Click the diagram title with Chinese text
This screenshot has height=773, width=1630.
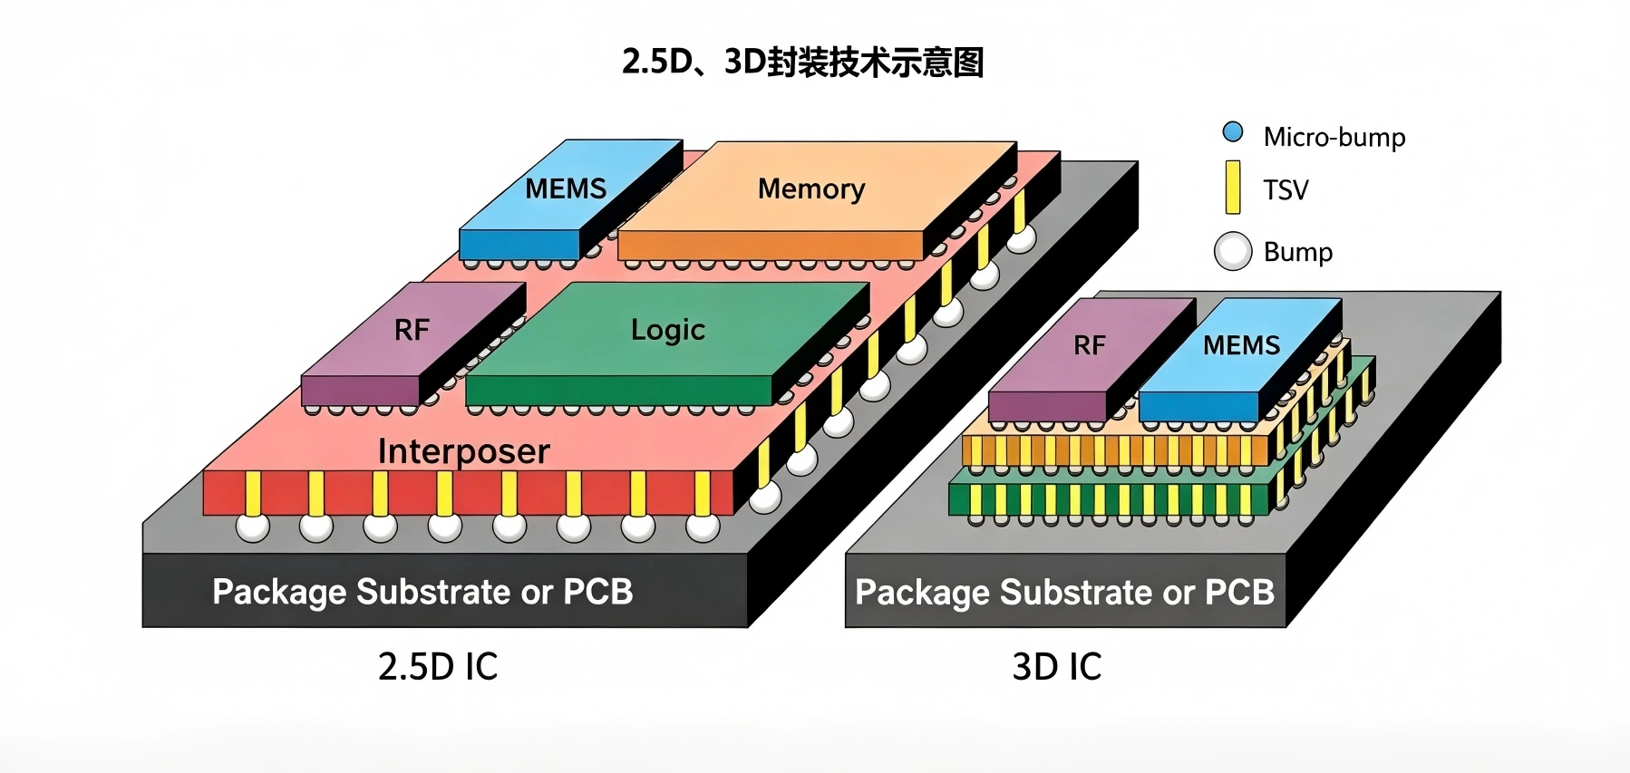click(802, 63)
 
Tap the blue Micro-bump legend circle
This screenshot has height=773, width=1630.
click(1233, 132)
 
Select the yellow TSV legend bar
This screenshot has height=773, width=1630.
click(1233, 188)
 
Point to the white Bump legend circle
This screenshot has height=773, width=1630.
click(1233, 251)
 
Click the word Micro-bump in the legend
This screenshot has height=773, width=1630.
click(1334, 137)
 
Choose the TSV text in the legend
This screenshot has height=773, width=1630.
click(1286, 190)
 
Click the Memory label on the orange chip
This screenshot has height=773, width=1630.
click(811, 188)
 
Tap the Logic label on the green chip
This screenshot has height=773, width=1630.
click(668, 330)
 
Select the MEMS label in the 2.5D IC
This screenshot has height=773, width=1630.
click(566, 188)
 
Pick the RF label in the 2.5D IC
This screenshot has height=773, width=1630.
click(412, 330)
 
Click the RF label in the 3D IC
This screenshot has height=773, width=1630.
click(1090, 345)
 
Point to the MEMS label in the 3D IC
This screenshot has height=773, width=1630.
click(1242, 345)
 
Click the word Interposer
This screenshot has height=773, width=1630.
click(464, 451)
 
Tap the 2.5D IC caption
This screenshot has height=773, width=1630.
click(438, 667)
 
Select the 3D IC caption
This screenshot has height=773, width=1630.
click(1057, 667)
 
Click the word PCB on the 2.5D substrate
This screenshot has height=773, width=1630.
click(598, 592)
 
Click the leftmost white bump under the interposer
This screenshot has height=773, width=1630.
click(253, 527)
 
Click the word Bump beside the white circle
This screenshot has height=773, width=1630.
click(1298, 252)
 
